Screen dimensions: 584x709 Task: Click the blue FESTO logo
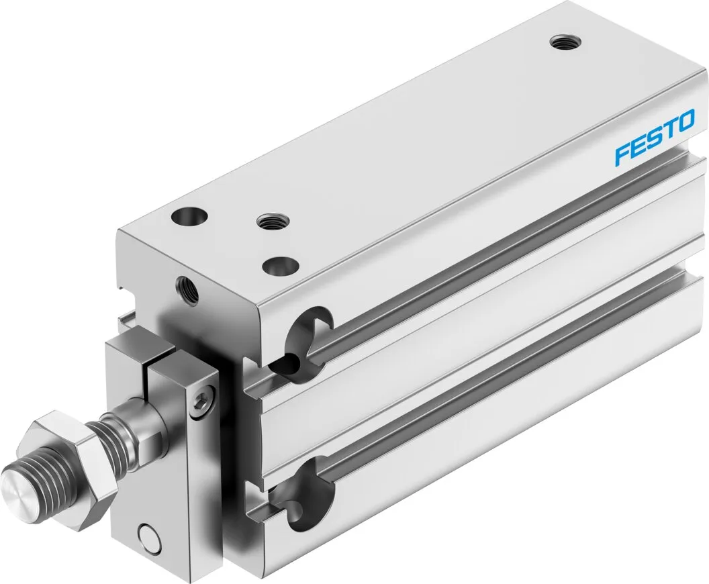[655, 139]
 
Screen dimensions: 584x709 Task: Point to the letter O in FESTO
[684, 124]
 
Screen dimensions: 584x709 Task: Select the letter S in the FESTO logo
[655, 139]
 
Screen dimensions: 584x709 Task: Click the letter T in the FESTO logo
[669, 131]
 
